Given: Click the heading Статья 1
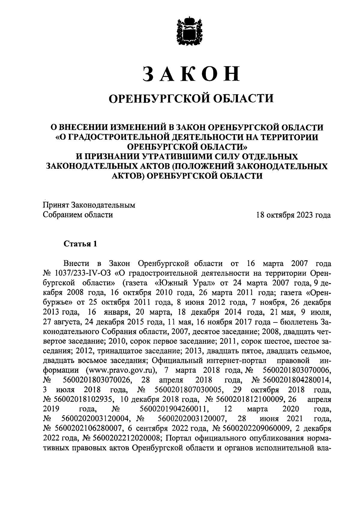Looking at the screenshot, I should pyautogui.click(x=80, y=243).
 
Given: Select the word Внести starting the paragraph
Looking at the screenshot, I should pyautogui.click(x=76, y=263).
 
